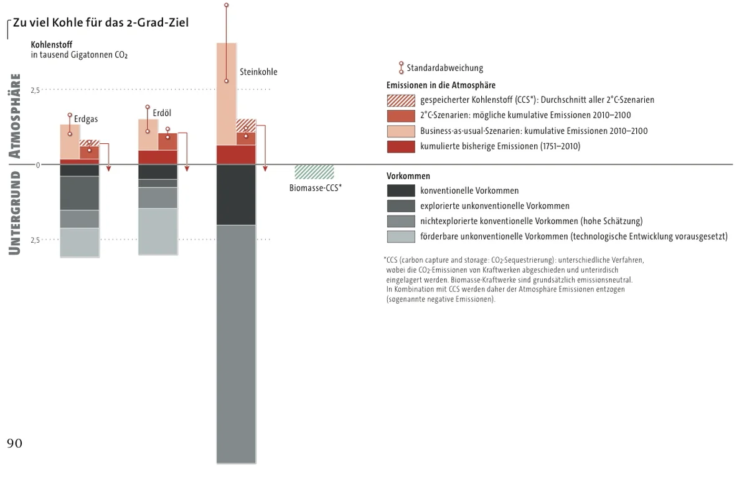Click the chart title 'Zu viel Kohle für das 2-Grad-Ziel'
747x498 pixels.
(x=100, y=23)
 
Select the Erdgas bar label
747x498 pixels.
(x=86, y=119)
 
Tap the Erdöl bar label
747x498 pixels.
(x=162, y=113)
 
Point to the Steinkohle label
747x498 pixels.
(x=258, y=72)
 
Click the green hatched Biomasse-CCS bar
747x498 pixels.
(x=314, y=172)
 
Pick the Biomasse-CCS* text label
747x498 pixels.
(x=316, y=187)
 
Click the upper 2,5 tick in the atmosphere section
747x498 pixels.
(x=35, y=90)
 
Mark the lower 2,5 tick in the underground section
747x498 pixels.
(x=35, y=240)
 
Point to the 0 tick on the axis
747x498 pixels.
(x=37, y=165)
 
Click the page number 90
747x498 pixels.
(x=14, y=443)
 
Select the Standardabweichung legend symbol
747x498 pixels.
(x=401, y=68)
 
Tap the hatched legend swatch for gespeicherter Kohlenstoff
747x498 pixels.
(x=400, y=100)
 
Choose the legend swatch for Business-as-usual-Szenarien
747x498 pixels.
(x=400, y=131)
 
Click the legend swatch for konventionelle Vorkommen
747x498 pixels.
(x=400, y=190)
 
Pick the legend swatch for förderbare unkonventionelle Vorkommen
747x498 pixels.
(x=400, y=236)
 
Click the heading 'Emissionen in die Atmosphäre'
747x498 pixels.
(x=441, y=85)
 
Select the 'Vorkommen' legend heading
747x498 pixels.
(x=408, y=176)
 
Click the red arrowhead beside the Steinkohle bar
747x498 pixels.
(x=265, y=168)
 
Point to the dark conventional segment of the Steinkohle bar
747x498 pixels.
(x=236, y=194)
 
